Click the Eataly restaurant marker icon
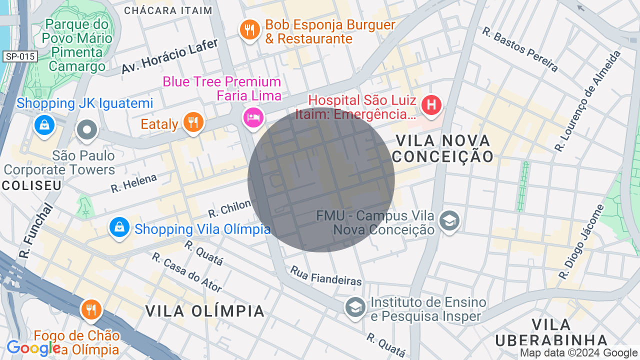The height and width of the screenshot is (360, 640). pyautogui.click(x=193, y=122)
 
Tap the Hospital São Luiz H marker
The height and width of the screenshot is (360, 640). pyautogui.click(x=431, y=105)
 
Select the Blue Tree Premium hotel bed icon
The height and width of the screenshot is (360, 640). pyautogui.click(x=253, y=117)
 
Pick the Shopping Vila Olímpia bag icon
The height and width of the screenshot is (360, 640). pyautogui.click(x=119, y=227)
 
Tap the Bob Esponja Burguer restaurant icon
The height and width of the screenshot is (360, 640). pyautogui.click(x=249, y=30)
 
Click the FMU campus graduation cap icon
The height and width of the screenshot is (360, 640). pyautogui.click(x=449, y=220)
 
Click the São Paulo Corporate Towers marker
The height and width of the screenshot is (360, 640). pyautogui.click(x=87, y=130)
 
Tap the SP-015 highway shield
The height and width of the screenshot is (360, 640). pyautogui.click(x=20, y=56)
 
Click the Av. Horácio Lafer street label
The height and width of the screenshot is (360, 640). pyautogui.click(x=169, y=56)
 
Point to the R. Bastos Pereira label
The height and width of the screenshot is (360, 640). pyautogui.click(x=520, y=49)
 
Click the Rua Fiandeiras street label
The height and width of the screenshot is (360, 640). pyautogui.click(x=326, y=276)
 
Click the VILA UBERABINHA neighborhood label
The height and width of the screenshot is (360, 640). pyautogui.click(x=551, y=332)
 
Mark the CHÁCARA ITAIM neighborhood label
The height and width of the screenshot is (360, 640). pyautogui.click(x=168, y=10)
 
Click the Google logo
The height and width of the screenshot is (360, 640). pyautogui.click(x=33, y=348)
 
